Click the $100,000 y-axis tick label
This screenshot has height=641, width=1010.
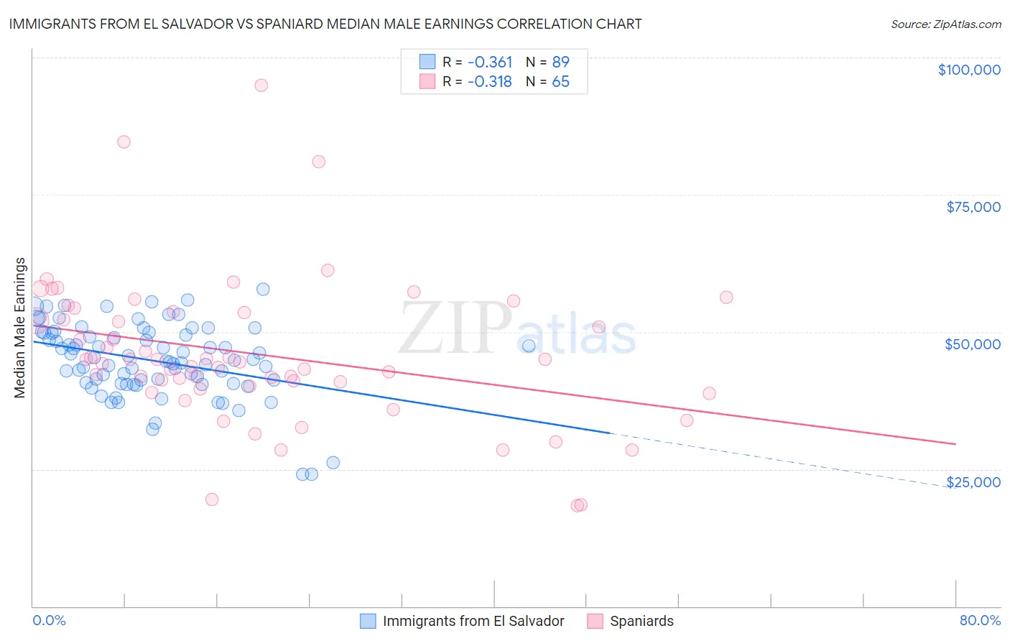point(968,70)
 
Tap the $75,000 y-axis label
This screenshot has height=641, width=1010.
point(973,207)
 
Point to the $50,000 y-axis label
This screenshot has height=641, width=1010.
point(972,344)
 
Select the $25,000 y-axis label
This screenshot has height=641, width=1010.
point(973,482)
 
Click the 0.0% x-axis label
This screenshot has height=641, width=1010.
point(49,621)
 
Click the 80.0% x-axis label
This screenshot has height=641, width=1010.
point(980,621)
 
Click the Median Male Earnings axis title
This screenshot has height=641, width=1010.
point(20,328)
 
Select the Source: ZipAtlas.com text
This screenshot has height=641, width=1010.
point(945,24)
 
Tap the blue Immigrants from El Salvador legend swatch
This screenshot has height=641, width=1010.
point(368,621)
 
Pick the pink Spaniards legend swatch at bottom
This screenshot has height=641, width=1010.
point(595,621)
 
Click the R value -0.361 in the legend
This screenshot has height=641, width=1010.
point(490,63)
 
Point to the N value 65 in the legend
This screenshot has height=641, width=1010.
point(560,82)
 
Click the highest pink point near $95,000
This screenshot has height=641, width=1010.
point(261,85)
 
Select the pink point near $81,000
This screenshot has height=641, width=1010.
point(318,162)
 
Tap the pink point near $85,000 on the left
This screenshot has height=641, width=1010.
point(124,142)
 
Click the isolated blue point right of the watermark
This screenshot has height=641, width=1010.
point(529,346)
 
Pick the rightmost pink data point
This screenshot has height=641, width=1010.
point(726,298)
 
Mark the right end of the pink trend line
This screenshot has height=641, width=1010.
point(955,444)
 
